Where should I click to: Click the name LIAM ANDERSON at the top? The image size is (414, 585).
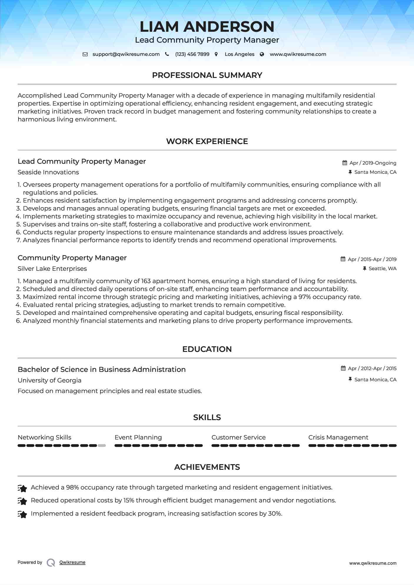(x=207, y=27)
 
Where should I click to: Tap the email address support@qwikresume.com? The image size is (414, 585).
(x=126, y=54)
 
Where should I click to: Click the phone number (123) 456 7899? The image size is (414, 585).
(x=192, y=54)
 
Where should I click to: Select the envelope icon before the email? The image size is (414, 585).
(x=85, y=54)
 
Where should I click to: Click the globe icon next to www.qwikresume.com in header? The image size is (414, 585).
(x=262, y=54)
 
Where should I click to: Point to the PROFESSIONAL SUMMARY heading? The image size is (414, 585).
(x=207, y=75)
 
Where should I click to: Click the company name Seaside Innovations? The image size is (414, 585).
(x=48, y=172)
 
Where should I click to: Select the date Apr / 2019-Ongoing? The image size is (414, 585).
(x=373, y=163)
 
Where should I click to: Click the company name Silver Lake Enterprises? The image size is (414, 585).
(x=52, y=269)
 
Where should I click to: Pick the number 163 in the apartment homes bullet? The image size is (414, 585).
(x=146, y=281)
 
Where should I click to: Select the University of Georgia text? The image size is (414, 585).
(x=49, y=380)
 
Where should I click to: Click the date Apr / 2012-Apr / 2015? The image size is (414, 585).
(x=372, y=368)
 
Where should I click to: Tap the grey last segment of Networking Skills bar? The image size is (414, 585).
(x=102, y=446)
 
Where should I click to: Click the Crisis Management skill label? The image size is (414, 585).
(x=338, y=437)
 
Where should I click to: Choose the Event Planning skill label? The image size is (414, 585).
(x=138, y=437)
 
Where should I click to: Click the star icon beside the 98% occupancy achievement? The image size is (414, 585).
(x=22, y=488)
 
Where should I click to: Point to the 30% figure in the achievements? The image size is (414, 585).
(x=274, y=514)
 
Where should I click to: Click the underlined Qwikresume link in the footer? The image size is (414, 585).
(x=72, y=562)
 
